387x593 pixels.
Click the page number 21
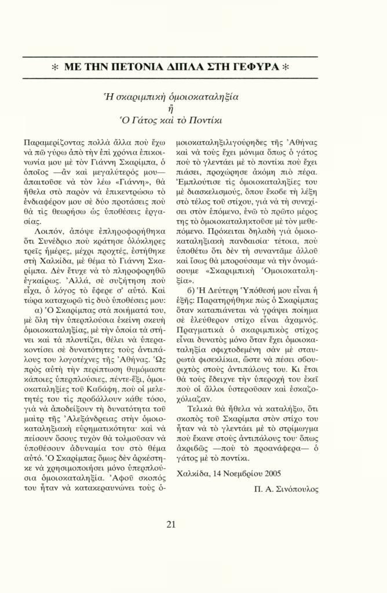[171, 525]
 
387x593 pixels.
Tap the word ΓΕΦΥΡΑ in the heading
[266, 67]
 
